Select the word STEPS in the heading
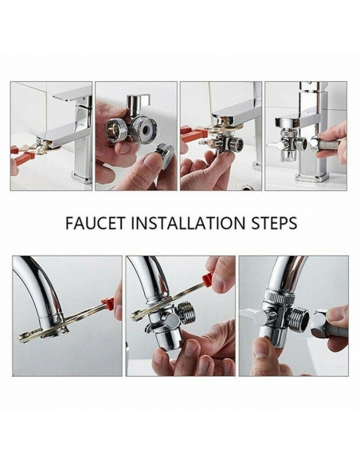pos(274,223)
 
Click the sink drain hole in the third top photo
pos(247,187)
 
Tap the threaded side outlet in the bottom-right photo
pos(297,318)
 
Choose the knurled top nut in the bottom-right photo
pos(280,295)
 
